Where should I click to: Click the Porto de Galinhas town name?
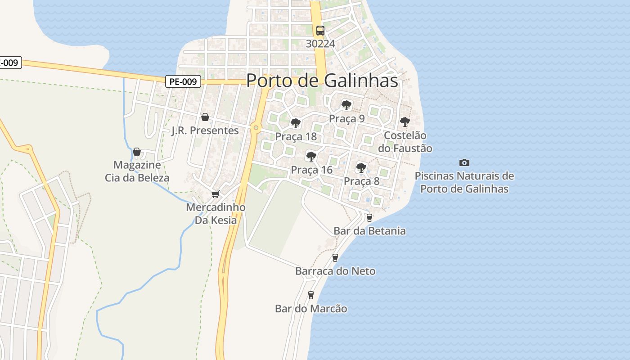click(x=322, y=81)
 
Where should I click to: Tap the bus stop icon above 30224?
click(x=320, y=31)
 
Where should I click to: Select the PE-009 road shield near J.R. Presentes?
click(x=183, y=81)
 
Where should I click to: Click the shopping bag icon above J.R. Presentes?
click(x=205, y=117)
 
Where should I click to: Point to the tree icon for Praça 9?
click(x=346, y=105)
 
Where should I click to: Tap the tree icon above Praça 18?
click(x=295, y=123)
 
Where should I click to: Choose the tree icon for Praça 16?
click(x=311, y=157)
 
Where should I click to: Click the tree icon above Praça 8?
click(x=361, y=168)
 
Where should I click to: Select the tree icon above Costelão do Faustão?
click(x=405, y=121)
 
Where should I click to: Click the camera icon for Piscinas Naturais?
click(x=464, y=162)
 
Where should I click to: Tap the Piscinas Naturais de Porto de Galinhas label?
click(x=464, y=182)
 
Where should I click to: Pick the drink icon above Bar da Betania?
click(x=369, y=218)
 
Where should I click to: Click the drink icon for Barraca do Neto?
click(x=335, y=258)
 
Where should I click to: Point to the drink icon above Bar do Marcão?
click(x=310, y=295)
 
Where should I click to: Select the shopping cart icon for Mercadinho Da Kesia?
click(x=215, y=194)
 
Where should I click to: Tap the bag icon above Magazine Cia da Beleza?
click(x=137, y=152)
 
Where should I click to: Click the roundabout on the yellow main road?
click(x=256, y=128)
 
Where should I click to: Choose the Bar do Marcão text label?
click(x=311, y=309)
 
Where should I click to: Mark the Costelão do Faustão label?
click(x=408, y=142)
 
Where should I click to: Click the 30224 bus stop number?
click(x=320, y=44)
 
